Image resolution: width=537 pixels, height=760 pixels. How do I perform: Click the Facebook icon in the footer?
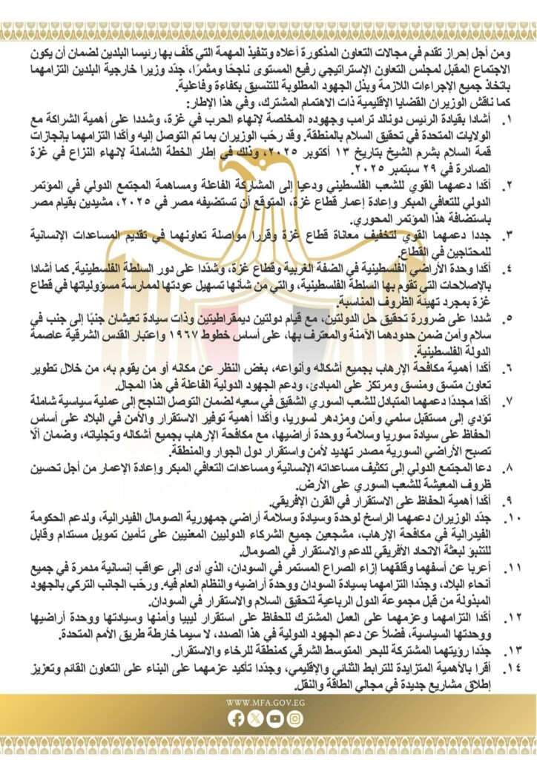pyautogui.click(x=237, y=718)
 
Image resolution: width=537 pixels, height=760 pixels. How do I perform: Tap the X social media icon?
pyautogui.click(x=256, y=718)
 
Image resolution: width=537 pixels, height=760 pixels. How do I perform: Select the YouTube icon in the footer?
pyautogui.click(x=275, y=718)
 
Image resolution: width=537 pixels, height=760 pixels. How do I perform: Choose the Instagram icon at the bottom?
pyautogui.click(x=294, y=718)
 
